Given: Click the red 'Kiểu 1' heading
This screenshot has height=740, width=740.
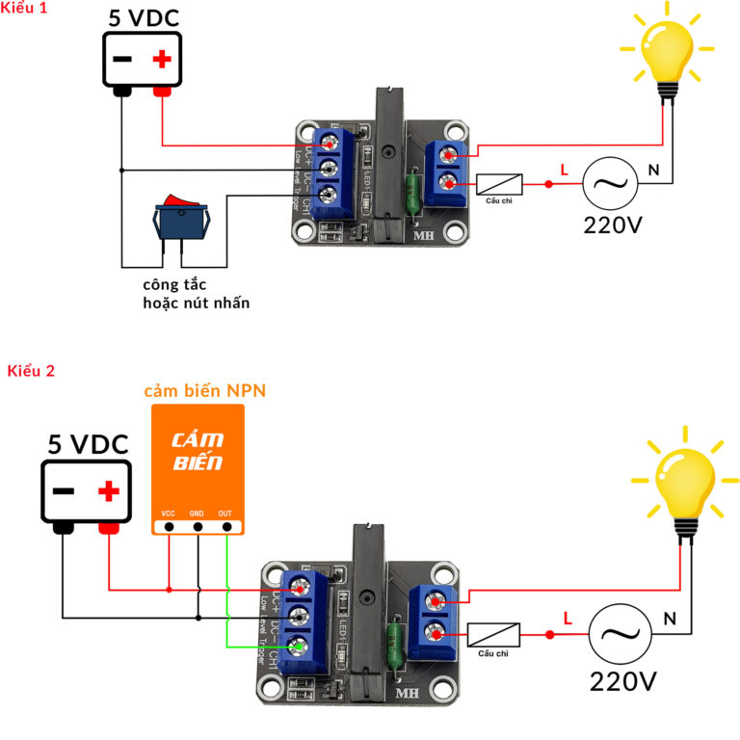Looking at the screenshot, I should click(x=25, y=9).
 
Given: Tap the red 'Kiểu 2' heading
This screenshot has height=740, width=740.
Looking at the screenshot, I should click(x=31, y=371).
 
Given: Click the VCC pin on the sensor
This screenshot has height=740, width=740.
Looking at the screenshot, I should click(x=170, y=526).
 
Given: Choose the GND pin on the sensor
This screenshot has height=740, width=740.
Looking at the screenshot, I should click(x=198, y=526).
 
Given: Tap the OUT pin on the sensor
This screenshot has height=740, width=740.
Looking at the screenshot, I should click(x=227, y=526).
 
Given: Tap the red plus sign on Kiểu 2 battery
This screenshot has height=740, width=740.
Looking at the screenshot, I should click(x=109, y=492).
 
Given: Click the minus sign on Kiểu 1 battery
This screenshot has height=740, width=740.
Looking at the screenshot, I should click(x=122, y=60).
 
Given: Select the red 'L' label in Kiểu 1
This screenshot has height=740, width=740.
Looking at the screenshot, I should click(x=564, y=170).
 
